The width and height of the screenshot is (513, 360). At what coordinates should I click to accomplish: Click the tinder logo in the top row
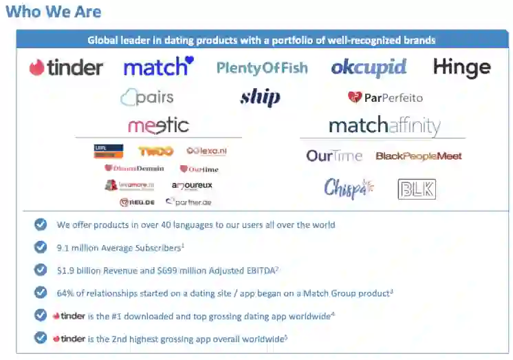coord(66,67)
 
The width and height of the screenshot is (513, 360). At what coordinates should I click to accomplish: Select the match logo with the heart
coord(158,67)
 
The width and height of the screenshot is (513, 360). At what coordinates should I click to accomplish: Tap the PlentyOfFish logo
coord(262,67)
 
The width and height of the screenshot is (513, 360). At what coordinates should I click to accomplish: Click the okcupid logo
coord(369,67)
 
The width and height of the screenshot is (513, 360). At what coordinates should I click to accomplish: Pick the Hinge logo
coord(461,67)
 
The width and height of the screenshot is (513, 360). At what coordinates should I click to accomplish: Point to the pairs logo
coord(147,98)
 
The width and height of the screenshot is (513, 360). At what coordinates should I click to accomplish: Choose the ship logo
coord(260,98)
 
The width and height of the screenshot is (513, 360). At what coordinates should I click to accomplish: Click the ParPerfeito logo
coord(385,98)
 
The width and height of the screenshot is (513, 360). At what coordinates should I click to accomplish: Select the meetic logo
coord(158,126)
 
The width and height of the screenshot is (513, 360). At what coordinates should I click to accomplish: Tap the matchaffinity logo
coord(384,126)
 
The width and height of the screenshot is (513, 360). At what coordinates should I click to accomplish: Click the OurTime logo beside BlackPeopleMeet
coord(334,156)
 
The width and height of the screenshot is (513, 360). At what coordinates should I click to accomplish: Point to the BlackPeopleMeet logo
coord(418,156)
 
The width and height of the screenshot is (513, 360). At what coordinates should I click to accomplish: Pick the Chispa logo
coord(348,188)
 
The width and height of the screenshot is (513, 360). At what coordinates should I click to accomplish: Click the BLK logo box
coord(417,189)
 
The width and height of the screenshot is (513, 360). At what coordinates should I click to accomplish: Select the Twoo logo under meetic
coord(155,151)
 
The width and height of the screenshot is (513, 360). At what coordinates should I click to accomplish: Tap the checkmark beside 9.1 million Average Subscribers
coord(41,246)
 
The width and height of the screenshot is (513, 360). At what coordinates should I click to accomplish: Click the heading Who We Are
coord(53,12)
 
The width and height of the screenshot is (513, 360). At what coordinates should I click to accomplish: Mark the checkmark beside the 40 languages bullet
coord(41,224)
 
